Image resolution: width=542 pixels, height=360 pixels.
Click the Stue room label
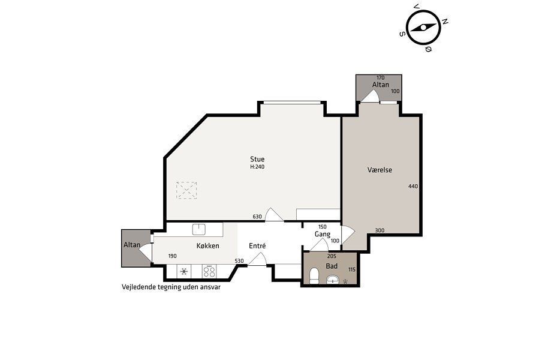tap(257, 159)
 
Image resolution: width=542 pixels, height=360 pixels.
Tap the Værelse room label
tap(380, 170)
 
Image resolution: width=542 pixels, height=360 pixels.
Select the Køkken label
tap(207, 245)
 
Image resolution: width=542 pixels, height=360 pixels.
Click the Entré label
tap(257, 245)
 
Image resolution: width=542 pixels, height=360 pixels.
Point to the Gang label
tap(322, 234)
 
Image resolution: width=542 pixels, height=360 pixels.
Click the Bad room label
tap(332, 266)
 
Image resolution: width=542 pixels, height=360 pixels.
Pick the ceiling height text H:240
tap(257, 167)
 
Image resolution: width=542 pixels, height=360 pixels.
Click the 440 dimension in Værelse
tap(413, 186)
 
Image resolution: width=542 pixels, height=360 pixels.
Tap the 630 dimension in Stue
tap(257, 217)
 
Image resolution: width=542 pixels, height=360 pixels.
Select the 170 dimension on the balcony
tap(380, 78)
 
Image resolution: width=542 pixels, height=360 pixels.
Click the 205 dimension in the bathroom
tap(332, 256)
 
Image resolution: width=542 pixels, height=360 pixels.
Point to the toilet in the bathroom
tap(314, 275)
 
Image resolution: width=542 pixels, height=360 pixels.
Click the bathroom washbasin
tap(333, 279)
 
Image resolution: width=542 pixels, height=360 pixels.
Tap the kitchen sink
tap(199, 229)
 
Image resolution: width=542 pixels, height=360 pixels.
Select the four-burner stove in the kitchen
tap(209, 271)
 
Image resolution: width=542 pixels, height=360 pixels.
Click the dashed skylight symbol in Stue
tap(186, 190)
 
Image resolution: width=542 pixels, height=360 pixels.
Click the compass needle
tap(423, 28)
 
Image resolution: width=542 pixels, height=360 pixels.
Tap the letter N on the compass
tap(445, 22)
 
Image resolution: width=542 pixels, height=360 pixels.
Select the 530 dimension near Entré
tap(239, 261)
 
